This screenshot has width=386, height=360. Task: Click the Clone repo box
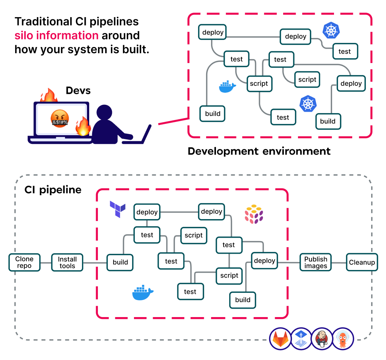pyautogui.click(x=24, y=262)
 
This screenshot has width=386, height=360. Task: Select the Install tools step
pyautogui.click(x=67, y=262)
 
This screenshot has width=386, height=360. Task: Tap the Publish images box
pyautogui.click(x=315, y=262)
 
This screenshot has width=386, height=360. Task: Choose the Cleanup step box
pyautogui.click(x=362, y=262)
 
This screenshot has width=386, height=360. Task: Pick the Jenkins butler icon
pyautogui.click(x=322, y=338)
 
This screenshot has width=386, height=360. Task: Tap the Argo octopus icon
pyautogui.click(x=343, y=338)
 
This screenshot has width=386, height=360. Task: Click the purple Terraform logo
pyautogui.click(x=117, y=209)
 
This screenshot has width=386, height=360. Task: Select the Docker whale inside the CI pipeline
pyautogui.click(x=143, y=292)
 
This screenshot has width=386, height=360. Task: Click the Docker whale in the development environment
pyautogui.click(x=227, y=87)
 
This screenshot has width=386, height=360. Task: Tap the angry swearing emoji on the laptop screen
pyautogui.click(x=60, y=118)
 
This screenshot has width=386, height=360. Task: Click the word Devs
pyautogui.click(x=78, y=90)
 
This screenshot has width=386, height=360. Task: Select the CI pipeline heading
pyautogui.click(x=53, y=189)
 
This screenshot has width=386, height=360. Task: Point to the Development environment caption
pyautogui.click(x=259, y=151)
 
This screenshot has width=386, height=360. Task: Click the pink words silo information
pyautogui.click(x=57, y=35)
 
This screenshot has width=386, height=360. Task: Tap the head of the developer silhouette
pyautogui.click(x=105, y=114)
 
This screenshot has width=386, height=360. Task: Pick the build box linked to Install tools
pyautogui.click(x=120, y=262)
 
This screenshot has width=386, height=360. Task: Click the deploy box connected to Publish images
pyautogui.click(x=265, y=261)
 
